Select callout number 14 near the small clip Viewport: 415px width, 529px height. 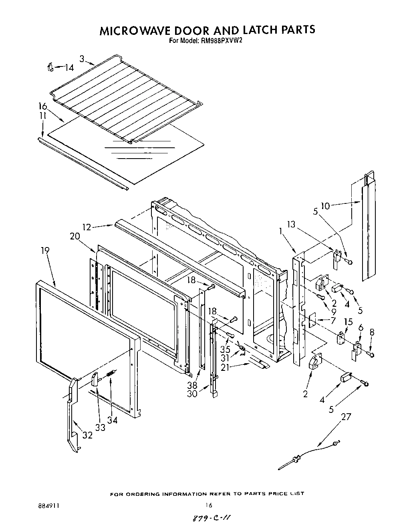pyautogui.click(x=69, y=68)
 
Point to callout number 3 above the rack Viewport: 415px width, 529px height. pyautogui.click(x=82, y=59)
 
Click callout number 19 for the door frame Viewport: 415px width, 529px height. pyautogui.click(x=45, y=250)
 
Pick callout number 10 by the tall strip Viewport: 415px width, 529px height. pyautogui.click(x=325, y=206)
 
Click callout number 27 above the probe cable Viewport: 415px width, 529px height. pyautogui.click(x=346, y=417)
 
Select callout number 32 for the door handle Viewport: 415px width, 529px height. pyautogui.click(x=87, y=435)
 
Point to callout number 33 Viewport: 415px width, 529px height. pyautogui.click(x=100, y=427)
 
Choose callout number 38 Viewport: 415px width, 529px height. pyautogui.click(x=192, y=386)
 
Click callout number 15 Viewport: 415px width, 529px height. pyautogui.click(x=349, y=322)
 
